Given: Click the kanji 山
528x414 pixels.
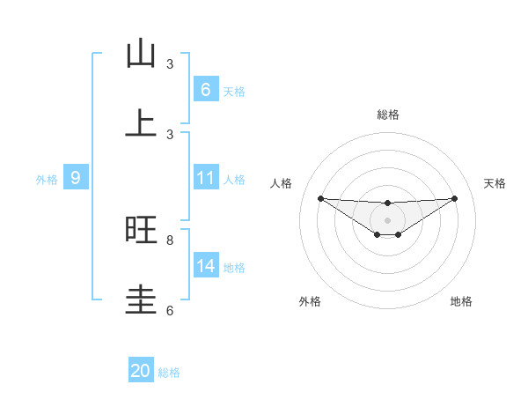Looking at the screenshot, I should [141, 55].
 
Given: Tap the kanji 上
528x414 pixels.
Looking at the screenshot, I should [141, 124].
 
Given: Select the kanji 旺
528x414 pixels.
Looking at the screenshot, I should [141, 230].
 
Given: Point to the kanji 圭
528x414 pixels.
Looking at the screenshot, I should [141, 299].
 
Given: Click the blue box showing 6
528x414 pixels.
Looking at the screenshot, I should [205, 89].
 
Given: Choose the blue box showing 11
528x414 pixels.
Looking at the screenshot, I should [205, 177].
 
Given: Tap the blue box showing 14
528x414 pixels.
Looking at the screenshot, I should [205, 265].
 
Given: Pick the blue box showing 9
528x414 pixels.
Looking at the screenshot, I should [76, 178].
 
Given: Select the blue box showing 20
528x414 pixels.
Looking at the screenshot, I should [141, 371].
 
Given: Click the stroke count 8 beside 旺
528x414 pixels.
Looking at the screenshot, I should [170, 240].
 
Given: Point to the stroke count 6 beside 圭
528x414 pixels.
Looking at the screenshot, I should [170, 310].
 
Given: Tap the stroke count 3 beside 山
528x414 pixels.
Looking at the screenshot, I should [170, 64].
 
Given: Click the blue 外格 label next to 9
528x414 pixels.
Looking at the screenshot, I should [47, 180].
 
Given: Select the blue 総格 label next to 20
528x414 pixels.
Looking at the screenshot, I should [169, 373].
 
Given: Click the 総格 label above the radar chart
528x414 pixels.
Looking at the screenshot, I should [387, 115].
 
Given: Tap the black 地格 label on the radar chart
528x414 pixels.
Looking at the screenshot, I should [461, 301].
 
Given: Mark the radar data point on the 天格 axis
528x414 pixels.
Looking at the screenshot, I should [455, 198].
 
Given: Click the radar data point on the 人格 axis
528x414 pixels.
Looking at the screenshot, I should [320, 198].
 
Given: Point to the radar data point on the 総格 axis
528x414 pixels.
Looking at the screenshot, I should [387, 203].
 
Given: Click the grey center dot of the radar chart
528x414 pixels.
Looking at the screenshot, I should [387, 220].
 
